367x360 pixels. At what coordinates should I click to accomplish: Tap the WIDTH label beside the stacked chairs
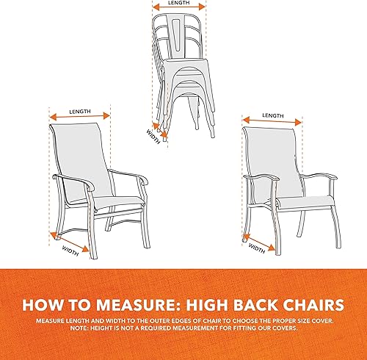(x=153, y=134)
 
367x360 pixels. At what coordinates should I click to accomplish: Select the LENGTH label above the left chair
(x=80, y=111)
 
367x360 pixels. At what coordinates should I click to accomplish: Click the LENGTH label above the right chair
(x=273, y=115)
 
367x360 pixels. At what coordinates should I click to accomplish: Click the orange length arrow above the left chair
(x=80, y=117)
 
